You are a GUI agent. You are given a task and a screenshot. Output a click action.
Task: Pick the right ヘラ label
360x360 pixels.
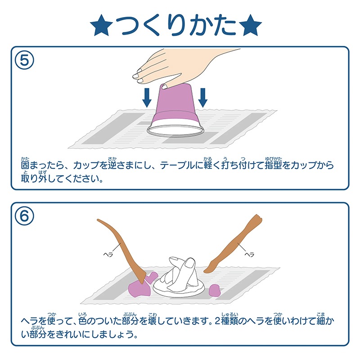[x=249, y=254]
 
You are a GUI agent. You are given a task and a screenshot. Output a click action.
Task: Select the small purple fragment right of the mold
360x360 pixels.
[x=215, y=289]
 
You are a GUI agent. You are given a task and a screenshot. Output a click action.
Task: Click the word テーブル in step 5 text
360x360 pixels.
[x=183, y=166]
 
